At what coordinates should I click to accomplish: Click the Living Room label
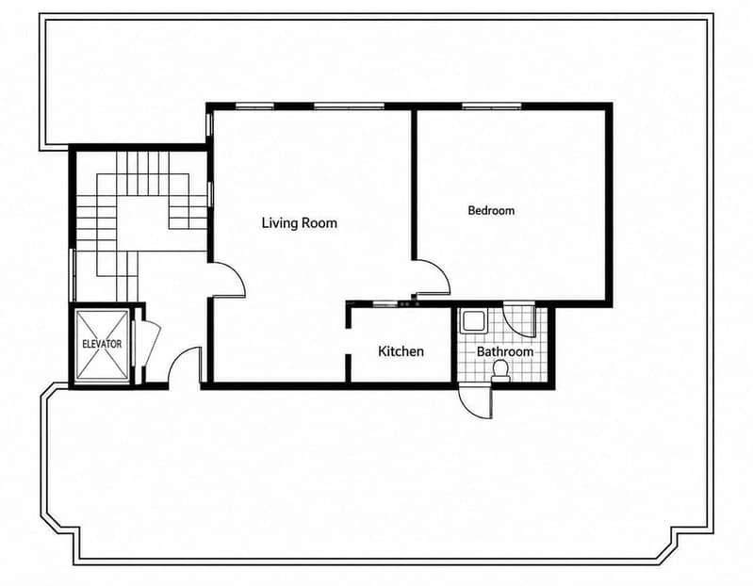point(299,223)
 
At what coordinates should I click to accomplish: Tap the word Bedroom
point(491,210)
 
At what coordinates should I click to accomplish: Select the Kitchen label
point(401,351)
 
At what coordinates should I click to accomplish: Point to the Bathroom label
point(505,351)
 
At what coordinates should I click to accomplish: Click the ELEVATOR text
point(102,344)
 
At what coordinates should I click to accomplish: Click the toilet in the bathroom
point(500,370)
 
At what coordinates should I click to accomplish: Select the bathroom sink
point(473,321)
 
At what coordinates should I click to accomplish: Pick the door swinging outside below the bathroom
point(475,403)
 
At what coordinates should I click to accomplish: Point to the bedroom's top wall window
point(492,106)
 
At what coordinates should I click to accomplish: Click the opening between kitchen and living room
point(349,342)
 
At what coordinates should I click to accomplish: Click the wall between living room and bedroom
point(414,186)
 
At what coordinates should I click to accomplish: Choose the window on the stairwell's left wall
point(73,275)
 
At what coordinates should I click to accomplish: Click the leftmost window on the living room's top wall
point(254,106)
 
